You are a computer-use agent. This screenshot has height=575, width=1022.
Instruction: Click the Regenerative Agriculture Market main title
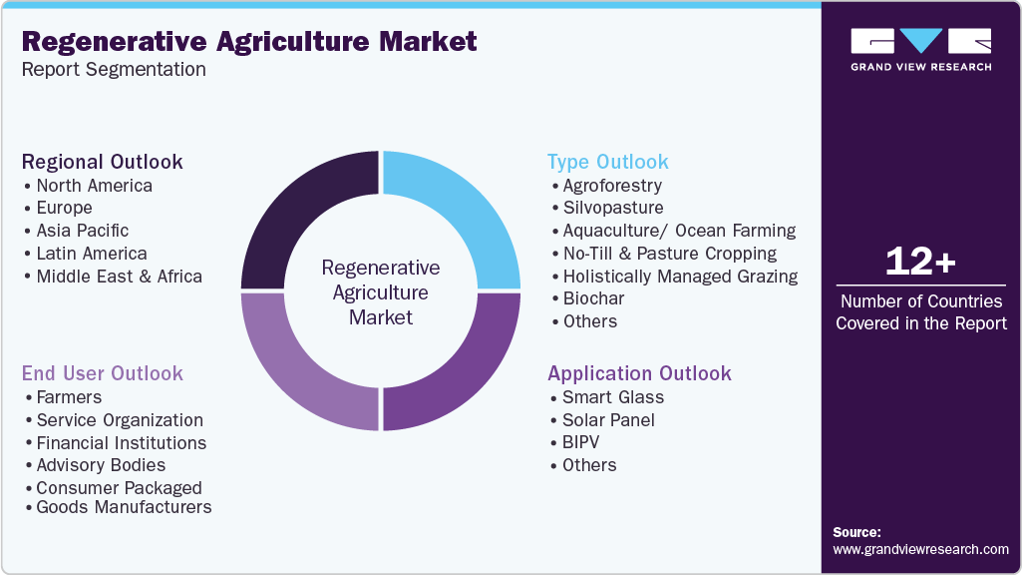click(x=249, y=41)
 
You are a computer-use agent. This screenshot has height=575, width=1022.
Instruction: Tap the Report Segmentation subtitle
click(x=114, y=70)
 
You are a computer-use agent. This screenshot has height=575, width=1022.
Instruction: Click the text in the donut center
click(x=380, y=292)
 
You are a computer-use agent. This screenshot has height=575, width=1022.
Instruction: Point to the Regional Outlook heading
click(x=103, y=162)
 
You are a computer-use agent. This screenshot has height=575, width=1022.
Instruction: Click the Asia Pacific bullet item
click(x=82, y=231)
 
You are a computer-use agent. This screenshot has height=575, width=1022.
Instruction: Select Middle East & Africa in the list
click(x=119, y=277)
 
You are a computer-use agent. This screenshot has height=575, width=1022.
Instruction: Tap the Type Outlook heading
click(x=608, y=162)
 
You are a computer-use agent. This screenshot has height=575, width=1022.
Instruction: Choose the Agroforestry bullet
click(x=612, y=186)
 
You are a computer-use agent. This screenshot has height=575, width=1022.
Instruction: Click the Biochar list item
click(x=593, y=298)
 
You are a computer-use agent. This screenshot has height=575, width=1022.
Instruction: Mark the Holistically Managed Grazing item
click(x=680, y=277)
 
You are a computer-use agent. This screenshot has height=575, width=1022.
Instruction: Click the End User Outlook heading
click(x=103, y=373)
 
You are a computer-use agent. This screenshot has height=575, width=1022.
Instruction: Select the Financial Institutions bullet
click(x=121, y=442)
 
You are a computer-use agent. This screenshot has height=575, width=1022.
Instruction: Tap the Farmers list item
click(x=69, y=397)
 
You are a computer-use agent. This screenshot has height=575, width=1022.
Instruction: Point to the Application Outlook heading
click(x=639, y=373)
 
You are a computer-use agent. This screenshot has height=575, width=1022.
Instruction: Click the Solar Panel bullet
click(x=608, y=420)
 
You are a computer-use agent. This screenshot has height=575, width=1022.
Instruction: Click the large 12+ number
click(x=920, y=263)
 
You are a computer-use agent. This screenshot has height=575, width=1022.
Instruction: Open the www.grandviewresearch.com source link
click(x=920, y=549)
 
